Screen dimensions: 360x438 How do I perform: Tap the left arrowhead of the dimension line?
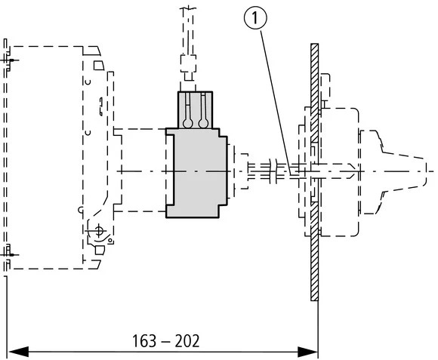tap(15, 352)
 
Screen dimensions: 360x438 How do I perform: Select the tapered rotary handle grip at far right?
tap(393, 172)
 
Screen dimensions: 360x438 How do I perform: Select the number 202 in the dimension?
tap(186, 341)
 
